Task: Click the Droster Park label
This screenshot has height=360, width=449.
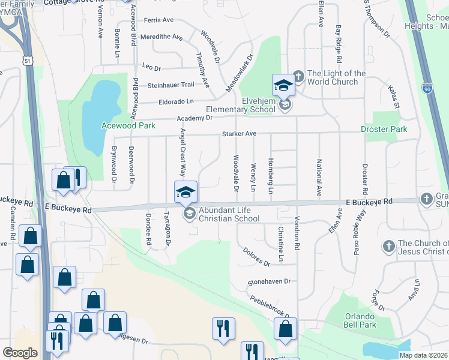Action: coord(384,129)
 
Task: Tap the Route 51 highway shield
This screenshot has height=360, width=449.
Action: coord(26,61)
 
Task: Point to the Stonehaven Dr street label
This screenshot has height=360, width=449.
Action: coord(270,281)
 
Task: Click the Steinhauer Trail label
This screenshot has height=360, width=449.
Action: coord(171,85)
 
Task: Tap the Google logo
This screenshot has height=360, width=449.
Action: coord(20,353)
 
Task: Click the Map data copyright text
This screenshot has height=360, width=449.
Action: coord(423,355)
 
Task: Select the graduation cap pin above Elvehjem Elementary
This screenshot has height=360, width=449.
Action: coord(283,85)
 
